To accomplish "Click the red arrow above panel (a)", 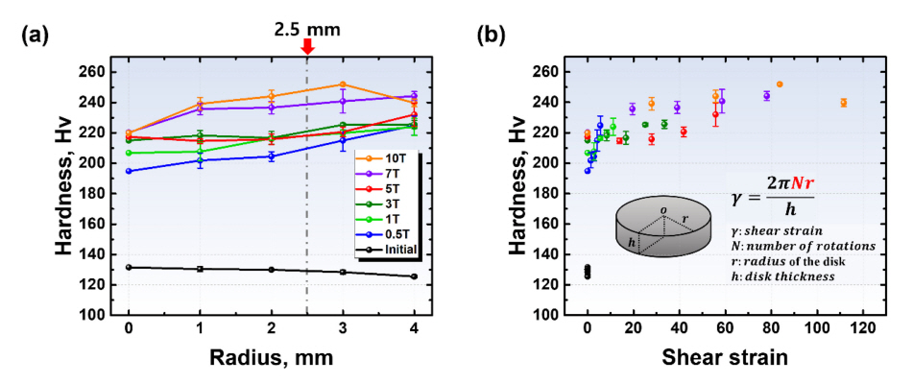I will pos(307,45).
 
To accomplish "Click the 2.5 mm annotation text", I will pos(307,18).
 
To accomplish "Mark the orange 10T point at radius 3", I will pos(344,84).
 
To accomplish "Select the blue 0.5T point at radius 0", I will pos(129,171).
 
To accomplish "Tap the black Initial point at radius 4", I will pos(415,276).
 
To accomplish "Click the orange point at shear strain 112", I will pos(843,103).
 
